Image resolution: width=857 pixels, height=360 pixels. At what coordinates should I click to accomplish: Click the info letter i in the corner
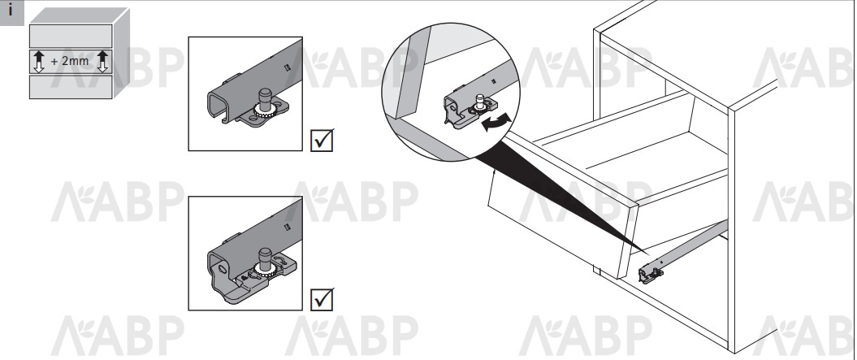point(11,11)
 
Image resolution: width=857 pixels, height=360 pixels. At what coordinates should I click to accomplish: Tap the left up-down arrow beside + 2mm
point(38,61)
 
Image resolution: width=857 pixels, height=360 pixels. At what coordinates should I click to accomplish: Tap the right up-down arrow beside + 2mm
point(102,61)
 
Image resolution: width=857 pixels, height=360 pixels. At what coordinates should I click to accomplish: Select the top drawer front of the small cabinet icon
point(71,36)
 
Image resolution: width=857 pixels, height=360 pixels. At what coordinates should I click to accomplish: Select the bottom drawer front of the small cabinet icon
point(71,87)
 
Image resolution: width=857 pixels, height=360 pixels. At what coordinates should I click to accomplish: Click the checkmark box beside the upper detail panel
point(322,140)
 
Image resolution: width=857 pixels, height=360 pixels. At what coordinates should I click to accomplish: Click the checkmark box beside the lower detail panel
point(322,299)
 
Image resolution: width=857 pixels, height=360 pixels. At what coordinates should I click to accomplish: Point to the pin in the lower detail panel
point(265,258)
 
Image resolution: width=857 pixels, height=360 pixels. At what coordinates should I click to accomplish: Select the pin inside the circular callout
point(479,102)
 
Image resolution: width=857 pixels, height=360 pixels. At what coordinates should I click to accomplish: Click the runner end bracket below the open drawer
point(651,272)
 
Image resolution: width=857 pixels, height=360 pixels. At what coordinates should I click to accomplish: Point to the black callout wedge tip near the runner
point(648,254)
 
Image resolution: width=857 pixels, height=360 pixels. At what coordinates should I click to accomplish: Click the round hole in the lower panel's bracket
point(222,269)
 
